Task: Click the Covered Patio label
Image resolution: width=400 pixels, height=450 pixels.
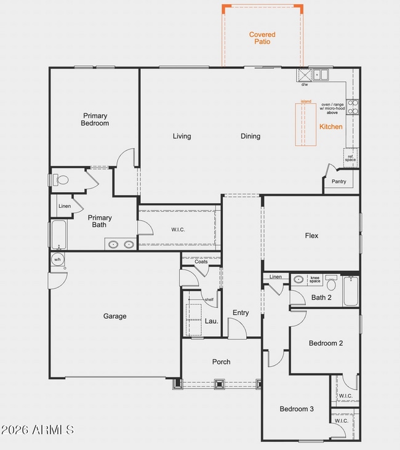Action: [x=262, y=38]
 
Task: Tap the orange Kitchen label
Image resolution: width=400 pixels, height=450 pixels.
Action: [x=330, y=127]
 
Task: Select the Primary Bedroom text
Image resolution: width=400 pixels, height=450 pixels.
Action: [x=95, y=119]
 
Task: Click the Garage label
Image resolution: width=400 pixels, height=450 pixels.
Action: [x=114, y=316]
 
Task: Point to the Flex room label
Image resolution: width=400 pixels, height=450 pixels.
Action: [x=311, y=235]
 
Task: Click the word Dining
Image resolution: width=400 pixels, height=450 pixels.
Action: [x=250, y=137]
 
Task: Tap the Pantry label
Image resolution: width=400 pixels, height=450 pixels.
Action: [x=338, y=182]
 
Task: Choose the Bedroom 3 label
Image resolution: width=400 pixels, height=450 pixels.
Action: [x=297, y=409]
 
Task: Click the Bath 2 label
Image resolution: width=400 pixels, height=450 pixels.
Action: [x=321, y=298]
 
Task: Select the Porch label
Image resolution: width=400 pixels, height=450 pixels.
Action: [x=221, y=362]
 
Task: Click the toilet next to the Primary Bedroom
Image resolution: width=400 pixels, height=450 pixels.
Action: [x=60, y=180]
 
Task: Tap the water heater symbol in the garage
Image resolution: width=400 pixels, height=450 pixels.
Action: [x=57, y=260]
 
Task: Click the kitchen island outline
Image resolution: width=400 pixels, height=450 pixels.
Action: [x=305, y=125]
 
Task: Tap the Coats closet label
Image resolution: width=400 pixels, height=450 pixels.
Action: [x=201, y=262]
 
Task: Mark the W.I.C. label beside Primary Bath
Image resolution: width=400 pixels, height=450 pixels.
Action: [x=178, y=230]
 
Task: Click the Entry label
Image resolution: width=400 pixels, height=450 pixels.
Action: [x=241, y=313]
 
